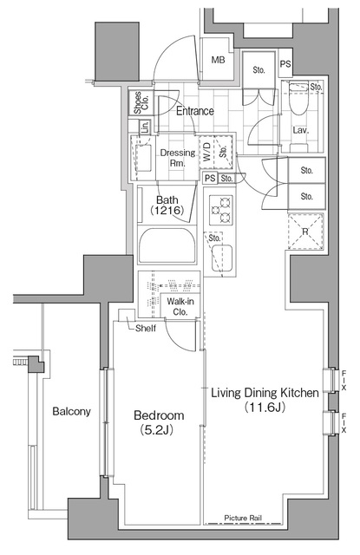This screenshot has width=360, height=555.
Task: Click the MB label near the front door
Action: click(x=218, y=60)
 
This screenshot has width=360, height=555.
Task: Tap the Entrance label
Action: click(x=195, y=111)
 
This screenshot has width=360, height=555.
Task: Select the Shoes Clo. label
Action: click(x=141, y=102)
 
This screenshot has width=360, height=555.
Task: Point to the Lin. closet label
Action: click(x=144, y=127)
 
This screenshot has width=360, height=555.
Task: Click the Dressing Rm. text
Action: click(x=178, y=158)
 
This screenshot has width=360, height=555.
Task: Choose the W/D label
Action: click(x=207, y=152)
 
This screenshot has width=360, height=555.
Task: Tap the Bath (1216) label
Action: click(x=167, y=206)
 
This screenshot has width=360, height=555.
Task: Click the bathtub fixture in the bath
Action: click(x=167, y=245)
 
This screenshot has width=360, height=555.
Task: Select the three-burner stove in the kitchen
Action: click(x=221, y=210)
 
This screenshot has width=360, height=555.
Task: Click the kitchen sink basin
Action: click(x=222, y=258)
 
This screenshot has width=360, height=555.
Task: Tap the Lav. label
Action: click(x=300, y=130)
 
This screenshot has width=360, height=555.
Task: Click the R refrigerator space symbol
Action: click(x=305, y=232)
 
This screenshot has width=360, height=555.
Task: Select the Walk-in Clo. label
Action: click(x=180, y=306)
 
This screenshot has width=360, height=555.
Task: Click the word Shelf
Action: click(x=146, y=328)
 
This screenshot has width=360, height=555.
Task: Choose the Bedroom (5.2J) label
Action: click(x=159, y=421)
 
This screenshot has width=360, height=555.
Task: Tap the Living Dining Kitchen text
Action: click(x=265, y=393)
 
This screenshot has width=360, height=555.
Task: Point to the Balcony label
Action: click(x=71, y=411)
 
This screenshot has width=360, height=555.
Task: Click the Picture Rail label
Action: click(x=243, y=518)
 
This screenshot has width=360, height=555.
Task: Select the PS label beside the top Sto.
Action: click(x=285, y=64)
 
